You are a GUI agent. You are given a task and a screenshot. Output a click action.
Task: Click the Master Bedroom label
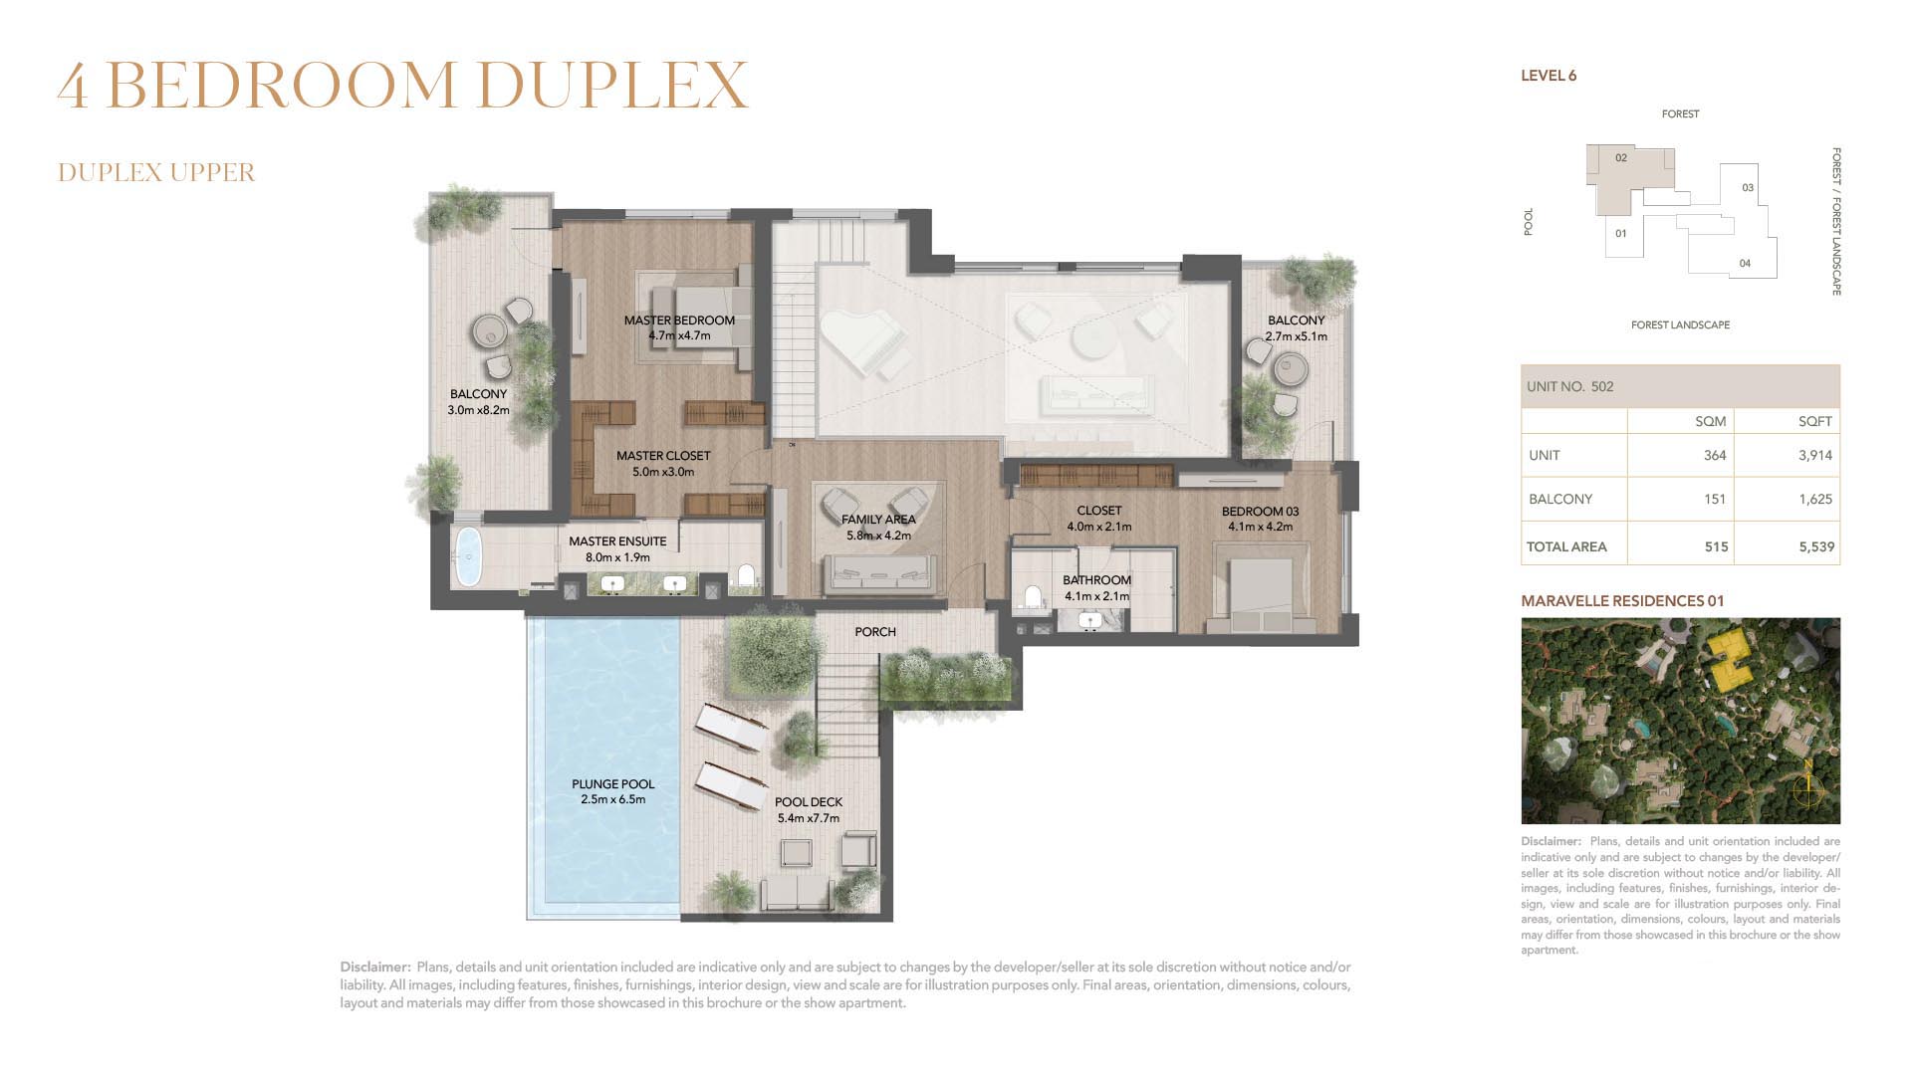tap(679, 321)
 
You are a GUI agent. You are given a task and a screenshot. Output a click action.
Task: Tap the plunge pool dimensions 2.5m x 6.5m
tap(613, 799)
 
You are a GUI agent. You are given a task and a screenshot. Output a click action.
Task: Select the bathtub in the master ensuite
tap(468, 557)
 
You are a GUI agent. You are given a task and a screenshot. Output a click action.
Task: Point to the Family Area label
tap(878, 520)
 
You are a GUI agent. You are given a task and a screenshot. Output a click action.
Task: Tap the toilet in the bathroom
tap(1032, 596)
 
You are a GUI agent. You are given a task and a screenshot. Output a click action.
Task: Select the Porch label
tap(875, 632)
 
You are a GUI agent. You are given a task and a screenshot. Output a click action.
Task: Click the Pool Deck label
tap(809, 802)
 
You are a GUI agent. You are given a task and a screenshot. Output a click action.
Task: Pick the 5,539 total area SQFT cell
tap(1816, 546)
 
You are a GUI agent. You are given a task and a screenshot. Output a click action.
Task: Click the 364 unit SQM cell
tap(1715, 455)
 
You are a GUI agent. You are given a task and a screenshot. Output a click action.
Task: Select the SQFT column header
tap(1815, 421)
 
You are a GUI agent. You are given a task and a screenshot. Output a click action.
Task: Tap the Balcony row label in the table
tap(1560, 499)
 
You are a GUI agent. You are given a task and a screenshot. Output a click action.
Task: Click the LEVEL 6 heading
tap(1549, 76)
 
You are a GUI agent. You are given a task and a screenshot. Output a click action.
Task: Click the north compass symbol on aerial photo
tap(1807, 787)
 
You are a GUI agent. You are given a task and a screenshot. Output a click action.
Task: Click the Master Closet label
tap(663, 456)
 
